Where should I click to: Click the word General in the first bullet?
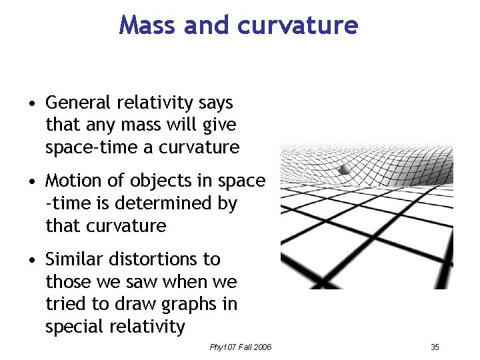pyautogui.click(x=77, y=103)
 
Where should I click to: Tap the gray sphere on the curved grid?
pyautogui.click(x=344, y=169)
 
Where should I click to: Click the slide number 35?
pyautogui.click(x=435, y=347)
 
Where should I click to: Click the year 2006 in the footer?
pyautogui.click(x=261, y=347)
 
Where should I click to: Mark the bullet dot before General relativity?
pyautogui.click(x=31, y=104)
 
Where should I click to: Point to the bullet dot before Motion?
pyautogui.click(x=31, y=182)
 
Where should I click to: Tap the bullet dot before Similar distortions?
pyautogui.click(x=31, y=260)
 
